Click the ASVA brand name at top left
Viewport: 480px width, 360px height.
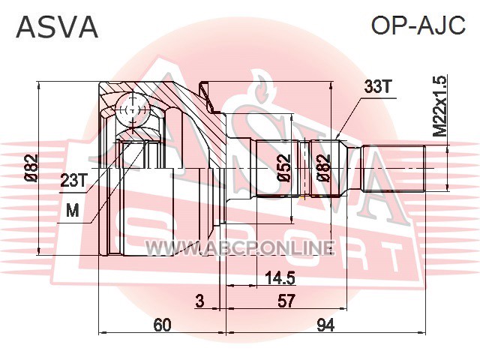tap(57, 27)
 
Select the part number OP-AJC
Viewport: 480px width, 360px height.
tap(418, 25)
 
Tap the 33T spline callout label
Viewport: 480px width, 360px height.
tap(376, 87)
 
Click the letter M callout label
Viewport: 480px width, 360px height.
tap(73, 211)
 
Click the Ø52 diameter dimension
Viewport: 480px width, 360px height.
tap(283, 168)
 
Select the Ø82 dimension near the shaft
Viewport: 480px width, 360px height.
tap(324, 168)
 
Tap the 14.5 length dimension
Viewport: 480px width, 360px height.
tap(280, 278)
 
